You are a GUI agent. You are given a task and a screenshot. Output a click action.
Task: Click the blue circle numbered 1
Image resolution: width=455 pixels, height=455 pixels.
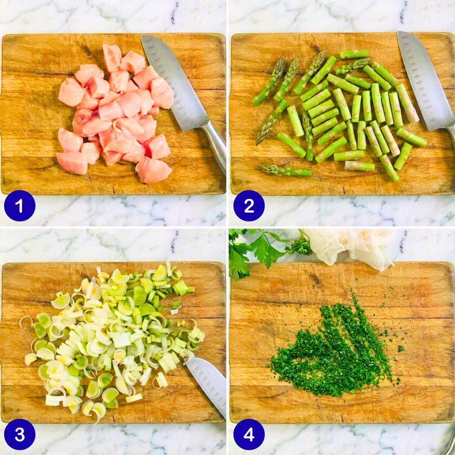tap(20, 206)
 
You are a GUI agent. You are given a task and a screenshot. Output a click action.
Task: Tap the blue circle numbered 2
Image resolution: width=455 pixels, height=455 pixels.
tap(249, 206)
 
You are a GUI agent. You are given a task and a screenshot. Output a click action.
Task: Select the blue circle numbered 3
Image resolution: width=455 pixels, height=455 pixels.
tap(20, 434)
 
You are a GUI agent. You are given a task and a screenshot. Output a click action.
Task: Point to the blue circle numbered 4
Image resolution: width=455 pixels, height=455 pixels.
tap(249, 434)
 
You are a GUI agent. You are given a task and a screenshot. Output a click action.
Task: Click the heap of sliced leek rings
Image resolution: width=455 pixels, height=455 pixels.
tap(113, 339)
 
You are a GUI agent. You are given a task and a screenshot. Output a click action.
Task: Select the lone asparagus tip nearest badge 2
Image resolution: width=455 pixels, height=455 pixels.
tap(285, 171)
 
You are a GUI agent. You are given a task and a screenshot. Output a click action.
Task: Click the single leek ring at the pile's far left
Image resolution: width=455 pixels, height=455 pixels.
tap(26, 322)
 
